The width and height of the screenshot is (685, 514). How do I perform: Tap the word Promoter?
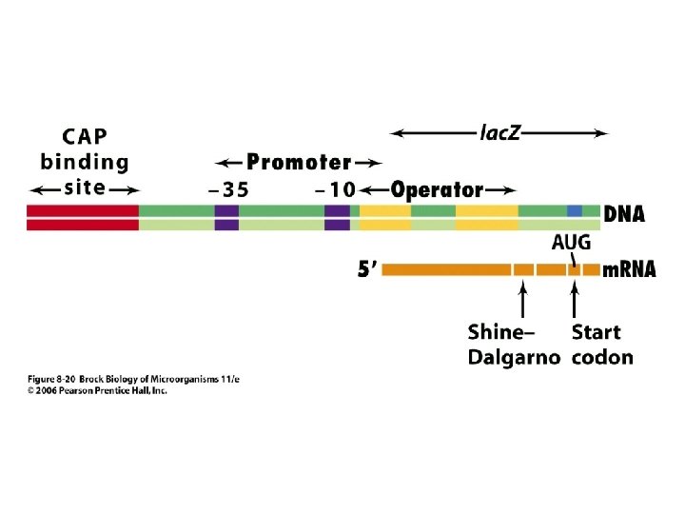pos(300,163)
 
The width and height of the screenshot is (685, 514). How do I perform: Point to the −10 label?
pos(336,189)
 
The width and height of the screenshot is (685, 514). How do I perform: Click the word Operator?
pos(438,189)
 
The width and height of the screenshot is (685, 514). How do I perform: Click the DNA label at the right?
pos(625,215)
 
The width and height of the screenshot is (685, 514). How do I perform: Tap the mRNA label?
pos(630,269)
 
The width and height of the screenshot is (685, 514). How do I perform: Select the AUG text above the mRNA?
pos(571,243)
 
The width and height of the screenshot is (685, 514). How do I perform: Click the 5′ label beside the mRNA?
pos(368,270)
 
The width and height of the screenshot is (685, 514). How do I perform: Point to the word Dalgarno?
pos(514,358)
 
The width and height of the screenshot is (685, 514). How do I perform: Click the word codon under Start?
pos(602,358)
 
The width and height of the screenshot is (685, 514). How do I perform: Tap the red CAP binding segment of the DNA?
pos(83,217)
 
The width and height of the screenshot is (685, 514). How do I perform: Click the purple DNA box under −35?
pos(226,217)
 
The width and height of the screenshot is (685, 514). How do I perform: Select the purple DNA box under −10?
pos(337,217)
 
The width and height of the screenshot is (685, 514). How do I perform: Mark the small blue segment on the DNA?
pos(575,210)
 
